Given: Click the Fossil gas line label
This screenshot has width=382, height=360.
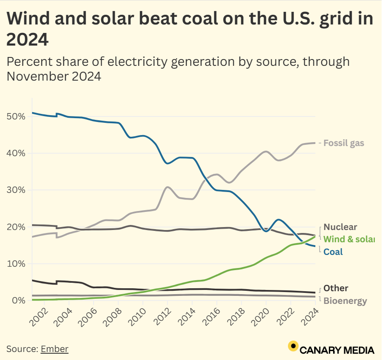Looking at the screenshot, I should (x=344, y=143).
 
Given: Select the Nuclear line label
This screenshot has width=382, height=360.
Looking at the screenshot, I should (x=340, y=227).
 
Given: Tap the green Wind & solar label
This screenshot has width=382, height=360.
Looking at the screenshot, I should (x=349, y=239).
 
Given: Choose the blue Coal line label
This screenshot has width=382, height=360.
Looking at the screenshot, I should (x=333, y=252).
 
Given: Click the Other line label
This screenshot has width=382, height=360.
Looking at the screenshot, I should (x=336, y=288).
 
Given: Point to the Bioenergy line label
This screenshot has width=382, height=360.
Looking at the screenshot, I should (x=345, y=301).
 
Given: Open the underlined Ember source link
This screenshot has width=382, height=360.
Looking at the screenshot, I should (x=54, y=349).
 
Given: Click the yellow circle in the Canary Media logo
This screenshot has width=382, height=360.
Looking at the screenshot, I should (x=293, y=346).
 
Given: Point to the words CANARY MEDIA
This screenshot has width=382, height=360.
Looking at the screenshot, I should (x=337, y=350).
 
